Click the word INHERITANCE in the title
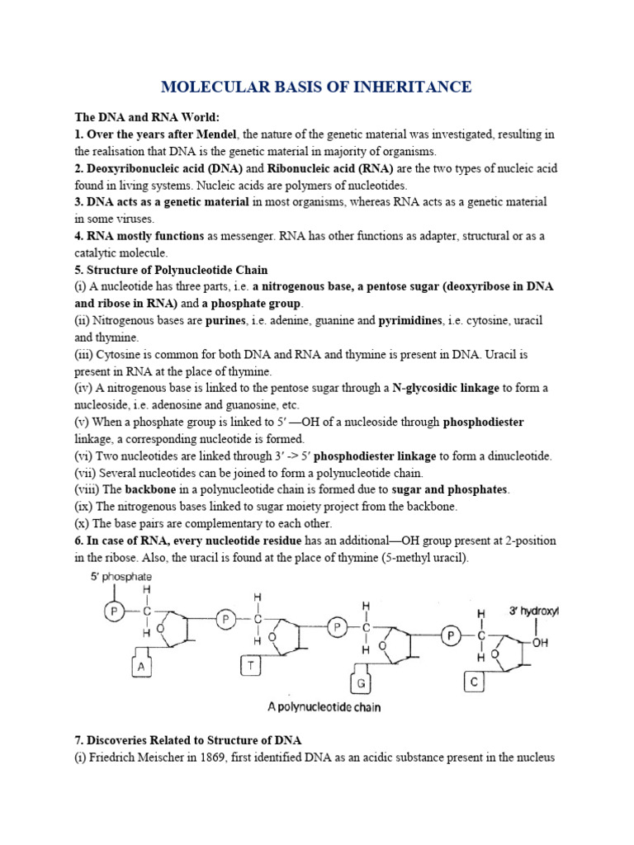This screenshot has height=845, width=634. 410,87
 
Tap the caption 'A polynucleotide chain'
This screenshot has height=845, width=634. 322,707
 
